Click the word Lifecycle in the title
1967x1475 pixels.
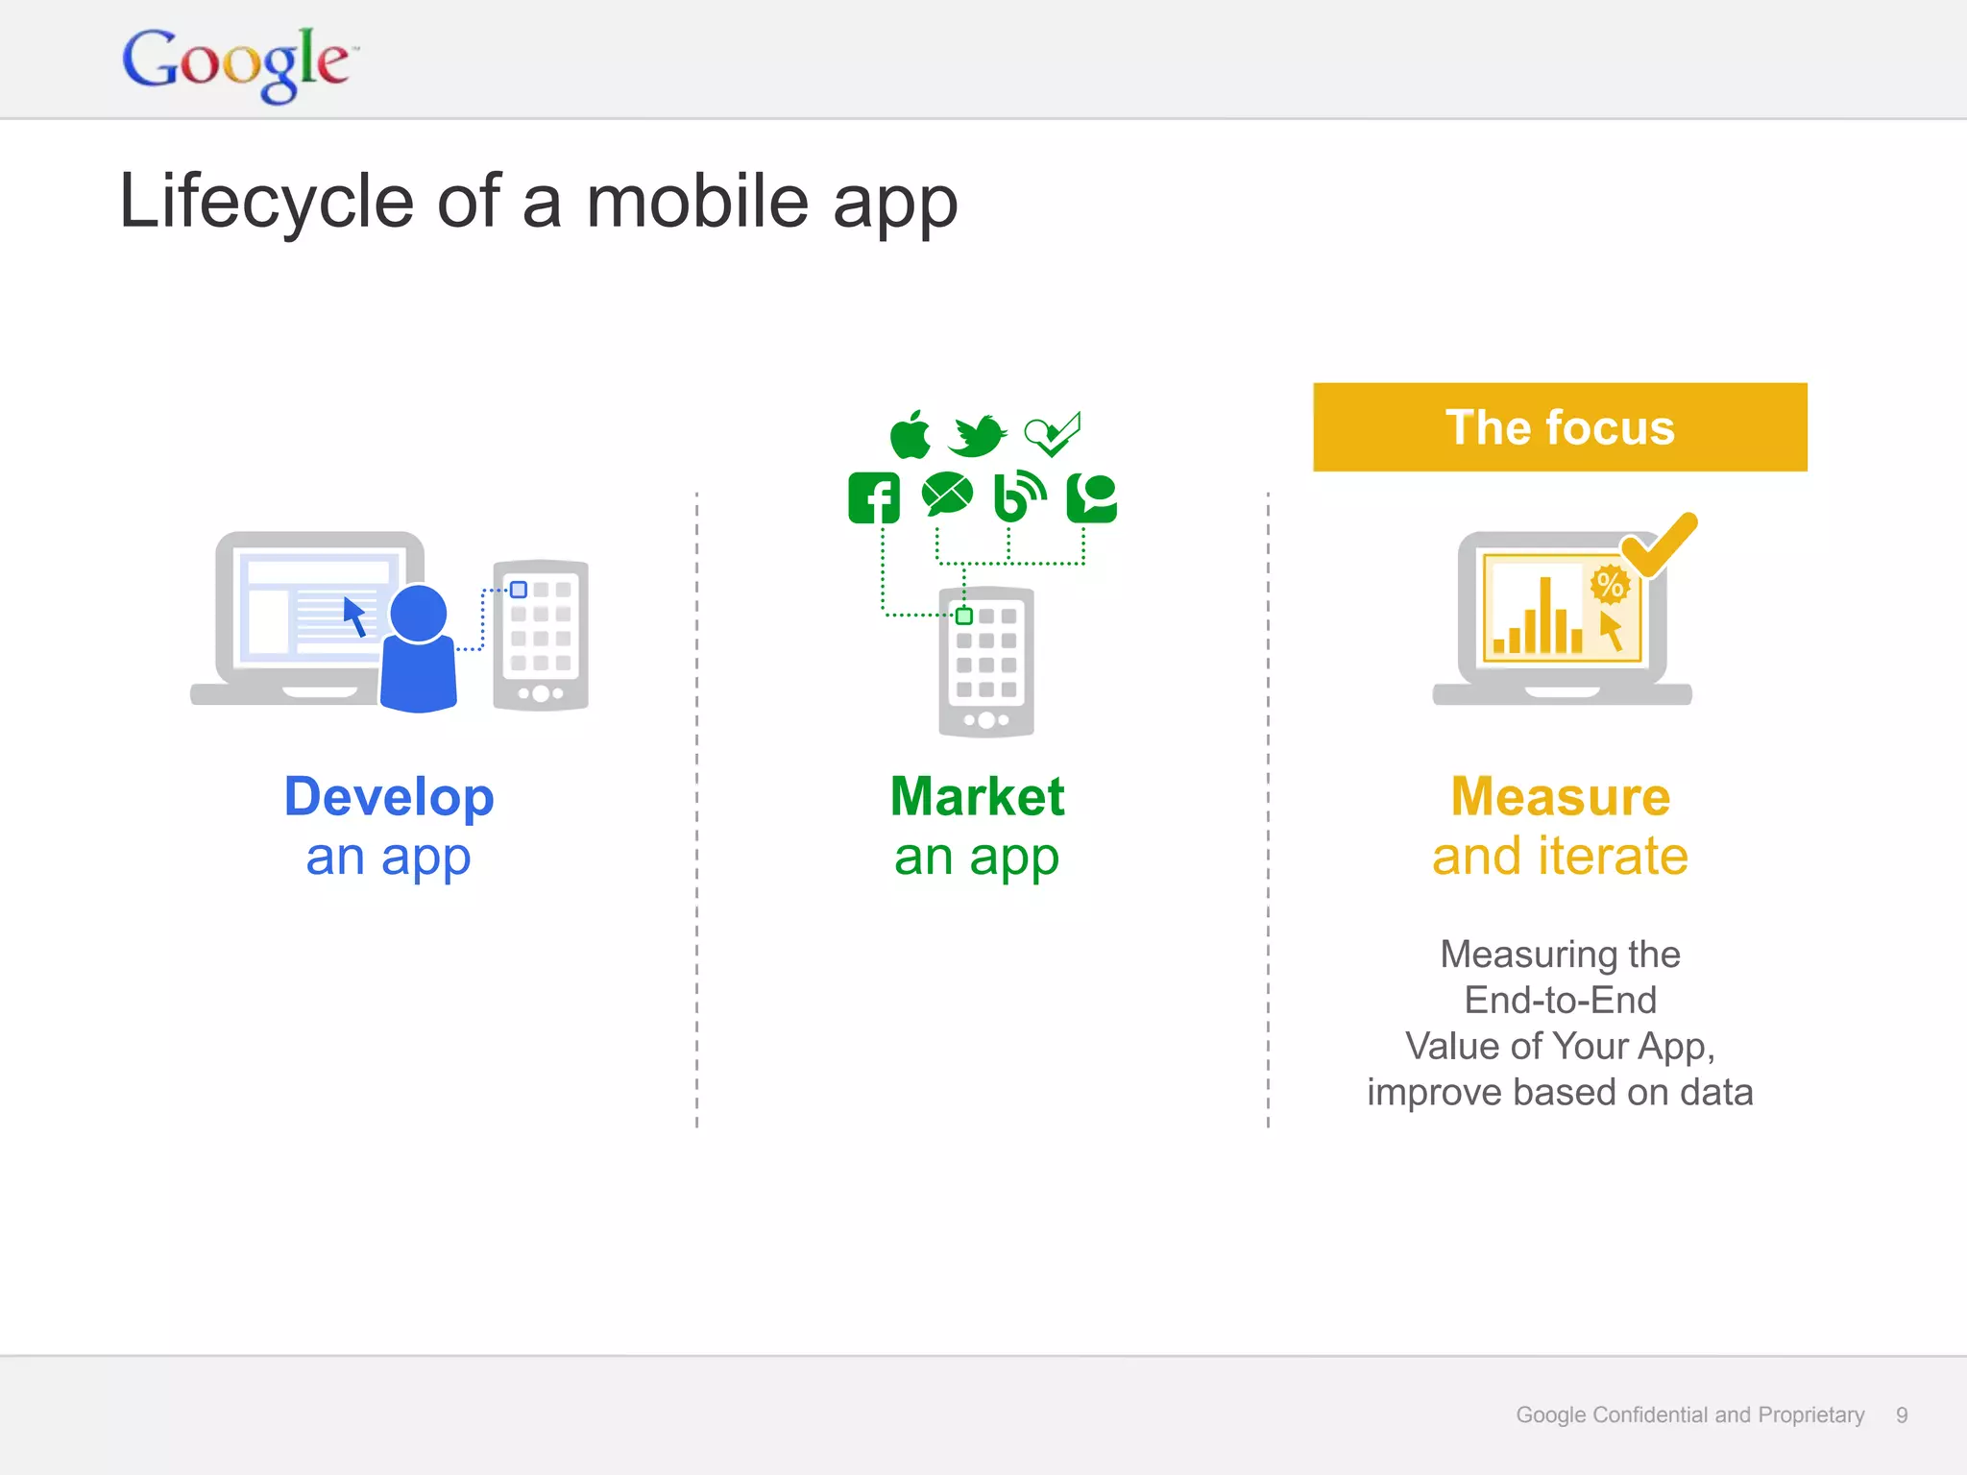pyautogui.click(x=266, y=203)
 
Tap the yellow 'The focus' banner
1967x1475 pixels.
pyautogui.click(x=1559, y=427)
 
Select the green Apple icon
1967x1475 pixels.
pyautogui.click(x=910, y=436)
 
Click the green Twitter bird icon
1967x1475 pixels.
pyautogui.click(x=977, y=436)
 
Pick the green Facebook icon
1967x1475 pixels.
pyautogui.click(x=874, y=497)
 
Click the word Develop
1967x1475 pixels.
pyautogui.click(x=389, y=797)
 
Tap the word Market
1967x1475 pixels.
pyautogui.click(x=977, y=797)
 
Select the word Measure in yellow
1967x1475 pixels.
pyautogui.click(x=1560, y=797)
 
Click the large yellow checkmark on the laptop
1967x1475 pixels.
pyautogui.click(x=1660, y=544)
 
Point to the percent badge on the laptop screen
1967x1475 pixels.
pyautogui.click(x=1610, y=584)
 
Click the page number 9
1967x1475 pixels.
pyautogui.click(x=1901, y=1415)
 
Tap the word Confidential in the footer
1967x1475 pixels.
pyautogui.click(x=1652, y=1415)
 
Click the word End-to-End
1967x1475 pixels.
pyautogui.click(x=1560, y=1001)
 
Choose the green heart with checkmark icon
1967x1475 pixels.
pyautogui.click(x=1053, y=435)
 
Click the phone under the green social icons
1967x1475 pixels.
pyautogui.click(x=986, y=662)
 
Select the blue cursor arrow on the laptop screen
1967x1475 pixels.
pyautogui.click(x=354, y=616)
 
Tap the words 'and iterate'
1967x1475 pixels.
pyautogui.click(x=1560, y=857)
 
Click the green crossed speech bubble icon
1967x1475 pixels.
pyautogui.click(x=947, y=496)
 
